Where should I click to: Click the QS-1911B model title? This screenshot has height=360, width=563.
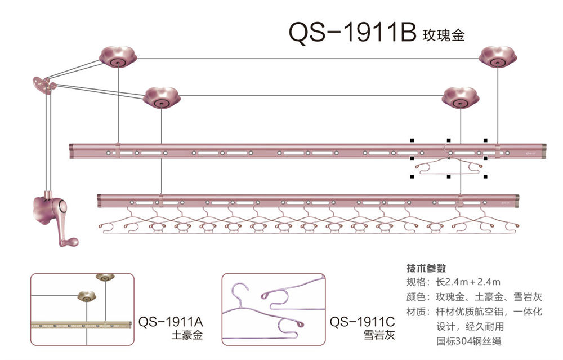[x=351, y=33]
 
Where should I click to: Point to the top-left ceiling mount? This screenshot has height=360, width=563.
[x=118, y=57]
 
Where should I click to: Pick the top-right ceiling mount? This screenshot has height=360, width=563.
[x=498, y=57]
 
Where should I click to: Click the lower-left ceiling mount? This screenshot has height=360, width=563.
[x=161, y=97]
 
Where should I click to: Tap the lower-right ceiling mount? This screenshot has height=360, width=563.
[x=460, y=97]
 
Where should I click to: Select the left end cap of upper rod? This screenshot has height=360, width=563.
[x=72, y=151]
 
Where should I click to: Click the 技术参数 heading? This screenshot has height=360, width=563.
[x=426, y=268]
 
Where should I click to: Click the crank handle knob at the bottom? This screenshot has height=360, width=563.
[x=70, y=242]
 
